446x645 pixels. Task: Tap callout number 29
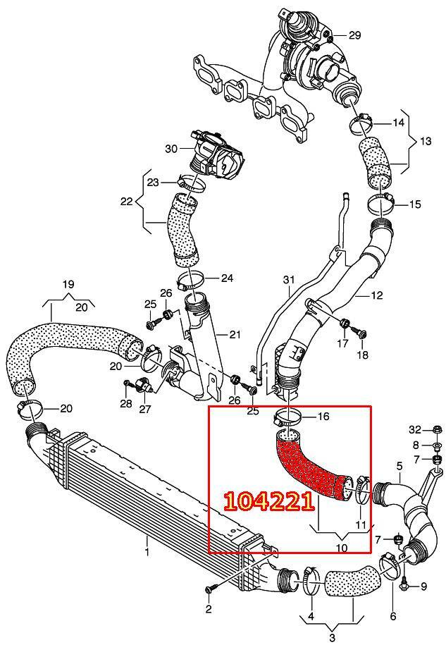[x=354, y=35]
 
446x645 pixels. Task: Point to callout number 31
[x=288, y=281]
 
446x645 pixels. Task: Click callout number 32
[x=415, y=429]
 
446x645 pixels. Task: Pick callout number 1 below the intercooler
[x=147, y=551]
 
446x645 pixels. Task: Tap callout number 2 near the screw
[x=209, y=608]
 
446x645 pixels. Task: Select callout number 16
[x=323, y=417]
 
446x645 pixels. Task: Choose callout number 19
[x=68, y=284]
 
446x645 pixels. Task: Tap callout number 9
[x=423, y=586]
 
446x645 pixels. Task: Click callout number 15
[x=415, y=204]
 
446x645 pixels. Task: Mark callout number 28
[x=125, y=403]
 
